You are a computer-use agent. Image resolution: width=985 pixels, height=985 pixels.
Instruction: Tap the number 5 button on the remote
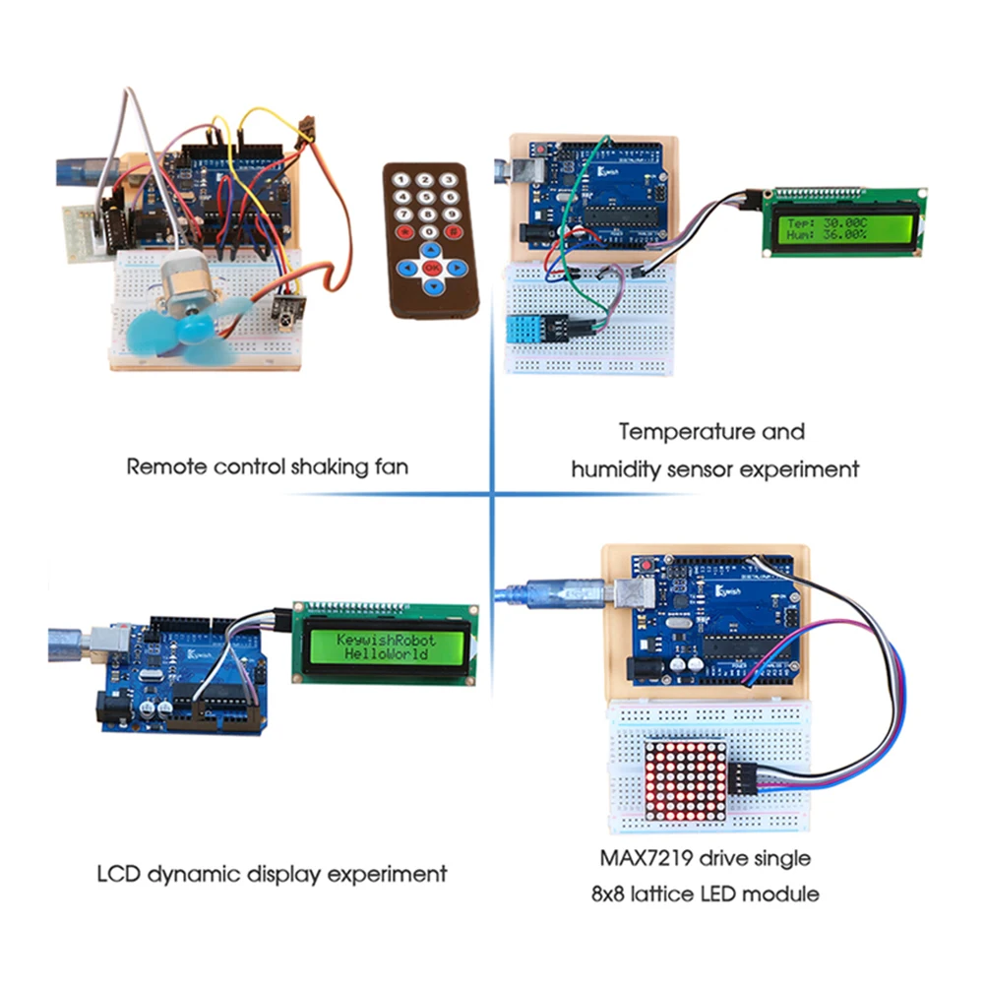click(x=428, y=198)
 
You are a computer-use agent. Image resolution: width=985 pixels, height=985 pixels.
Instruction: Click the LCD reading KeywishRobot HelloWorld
click(x=386, y=646)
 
